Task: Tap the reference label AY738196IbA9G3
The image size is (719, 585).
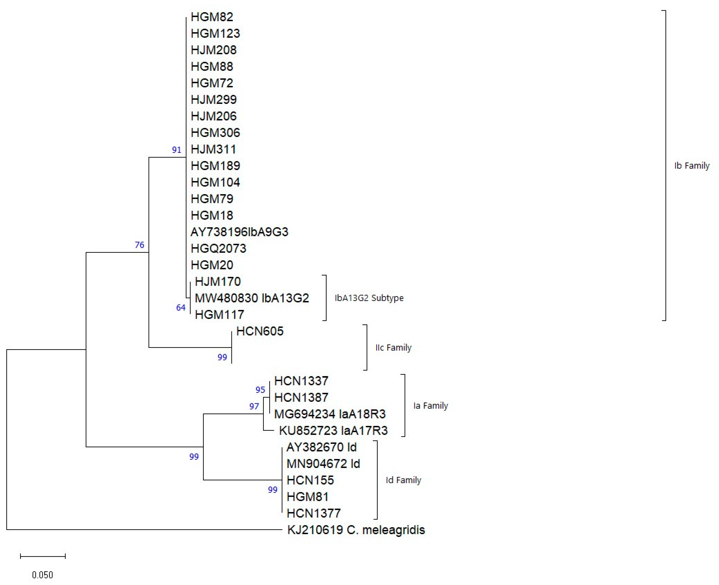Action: click(x=239, y=232)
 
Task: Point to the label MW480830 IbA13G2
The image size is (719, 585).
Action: click(x=252, y=298)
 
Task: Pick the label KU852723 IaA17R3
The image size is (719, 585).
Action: click(x=333, y=430)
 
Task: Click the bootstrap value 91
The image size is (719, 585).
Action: click(x=176, y=150)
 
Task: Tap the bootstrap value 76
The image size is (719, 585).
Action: click(x=139, y=245)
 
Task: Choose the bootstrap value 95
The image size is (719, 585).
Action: click(x=260, y=390)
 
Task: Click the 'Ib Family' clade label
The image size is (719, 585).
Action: click(x=692, y=166)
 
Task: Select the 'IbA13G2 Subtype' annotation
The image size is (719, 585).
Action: click(x=369, y=298)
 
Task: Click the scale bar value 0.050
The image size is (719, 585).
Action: click(x=42, y=575)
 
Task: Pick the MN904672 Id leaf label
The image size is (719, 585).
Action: click(x=323, y=464)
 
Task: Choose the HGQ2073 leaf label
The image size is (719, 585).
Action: click(x=218, y=248)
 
